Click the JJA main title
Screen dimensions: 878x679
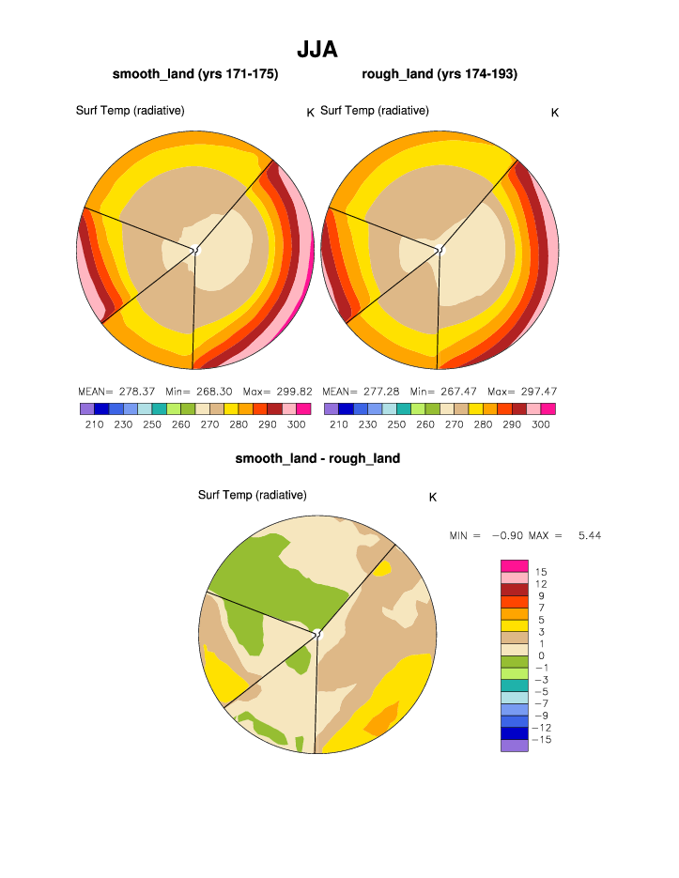[316, 50]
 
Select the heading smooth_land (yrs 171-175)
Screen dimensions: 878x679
[194, 73]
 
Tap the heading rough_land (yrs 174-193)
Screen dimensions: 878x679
[439, 73]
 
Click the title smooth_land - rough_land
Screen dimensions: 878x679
[317, 458]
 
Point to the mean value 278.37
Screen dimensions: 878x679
[138, 391]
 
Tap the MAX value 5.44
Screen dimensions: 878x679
[589, 535]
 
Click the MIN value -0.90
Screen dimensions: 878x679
[510, 535]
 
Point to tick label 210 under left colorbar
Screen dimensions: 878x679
[94, 424]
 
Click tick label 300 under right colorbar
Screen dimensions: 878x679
[541, 424]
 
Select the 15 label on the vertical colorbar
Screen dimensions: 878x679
[541, 572]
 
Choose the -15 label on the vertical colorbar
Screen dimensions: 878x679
[543, 740]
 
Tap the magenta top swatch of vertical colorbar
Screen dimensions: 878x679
[515, 565]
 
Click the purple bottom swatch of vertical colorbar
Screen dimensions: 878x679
[515, 746]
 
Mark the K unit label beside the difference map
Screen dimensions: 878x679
[433, 497]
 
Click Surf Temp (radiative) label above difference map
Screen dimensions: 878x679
[252, 495]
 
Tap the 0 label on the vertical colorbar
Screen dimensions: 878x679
[541, 655]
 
